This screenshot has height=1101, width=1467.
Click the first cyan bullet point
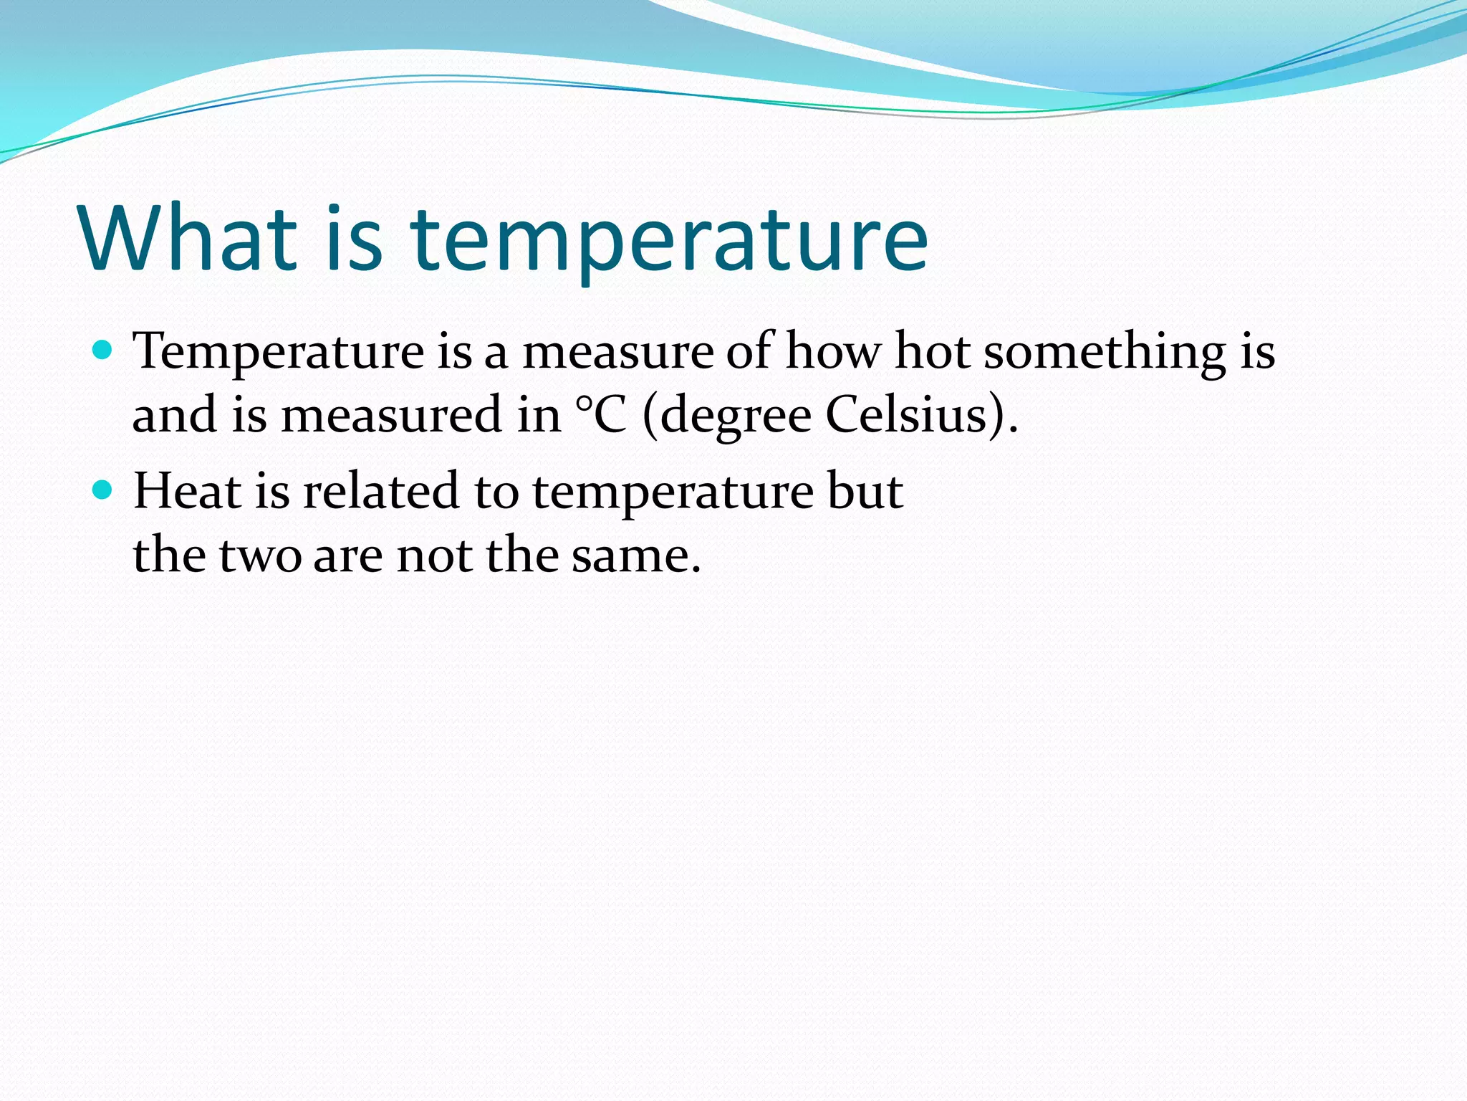pos(104,351)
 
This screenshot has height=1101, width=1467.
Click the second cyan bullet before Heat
pos(104,490)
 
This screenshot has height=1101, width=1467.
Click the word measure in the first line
pos(617,353)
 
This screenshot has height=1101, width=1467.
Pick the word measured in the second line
pos(391,415)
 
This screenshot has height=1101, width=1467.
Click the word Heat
pos(186,492)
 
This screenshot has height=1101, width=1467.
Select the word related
pos(380,492)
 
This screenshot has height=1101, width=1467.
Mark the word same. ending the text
pos(635,557)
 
